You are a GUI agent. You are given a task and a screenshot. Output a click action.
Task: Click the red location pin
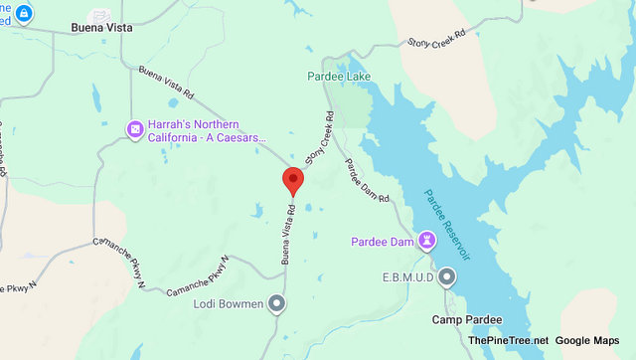(x=293, y=181)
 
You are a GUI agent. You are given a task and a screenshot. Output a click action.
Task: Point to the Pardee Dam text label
(x=383, y=242)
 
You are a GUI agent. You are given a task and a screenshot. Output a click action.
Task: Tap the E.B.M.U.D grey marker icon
(x=447, y=276)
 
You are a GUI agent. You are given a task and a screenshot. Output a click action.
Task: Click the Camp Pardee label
(x=466, y=319)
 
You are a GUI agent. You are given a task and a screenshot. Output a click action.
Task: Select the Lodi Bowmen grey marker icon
(x=277, y=303)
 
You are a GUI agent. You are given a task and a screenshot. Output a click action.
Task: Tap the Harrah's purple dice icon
(x=133, y=128)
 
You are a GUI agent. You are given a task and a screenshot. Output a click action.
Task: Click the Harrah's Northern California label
(x=209, y=129)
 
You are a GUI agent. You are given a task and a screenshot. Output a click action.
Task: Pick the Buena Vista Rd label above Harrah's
(x=167, y=87)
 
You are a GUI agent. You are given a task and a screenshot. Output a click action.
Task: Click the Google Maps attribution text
(x=593, y=341)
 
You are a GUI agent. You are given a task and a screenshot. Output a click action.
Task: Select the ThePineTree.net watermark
(x=508, y=341)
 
